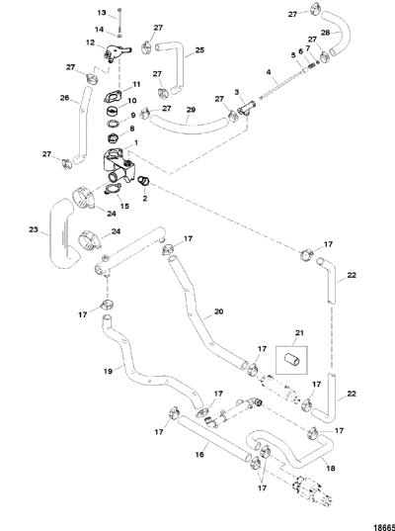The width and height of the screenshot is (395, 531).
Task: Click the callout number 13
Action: tap(102, 13)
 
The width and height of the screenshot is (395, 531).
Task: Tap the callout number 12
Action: tap(90, 43)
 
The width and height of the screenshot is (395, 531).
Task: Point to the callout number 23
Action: tap(34, 229)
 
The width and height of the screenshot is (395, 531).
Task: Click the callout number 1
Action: tap(136, 143)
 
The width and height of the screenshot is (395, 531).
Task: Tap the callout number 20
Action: tap(219, 311)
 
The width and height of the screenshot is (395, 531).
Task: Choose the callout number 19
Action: tap(109, 371)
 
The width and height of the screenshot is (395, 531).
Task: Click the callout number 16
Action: tap(199, 454)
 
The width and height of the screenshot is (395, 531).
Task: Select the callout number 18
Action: tap(331, 468)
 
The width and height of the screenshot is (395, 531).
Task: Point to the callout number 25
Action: tap(199, 50)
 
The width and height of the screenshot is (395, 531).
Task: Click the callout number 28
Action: tap(325, 33)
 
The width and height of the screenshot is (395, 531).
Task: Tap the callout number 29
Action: tap(191, 110)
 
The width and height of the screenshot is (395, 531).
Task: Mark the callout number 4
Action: tap(269, 72)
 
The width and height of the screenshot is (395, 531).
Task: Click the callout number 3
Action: tap(237, 92)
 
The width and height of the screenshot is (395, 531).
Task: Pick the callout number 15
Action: tap(124, 206)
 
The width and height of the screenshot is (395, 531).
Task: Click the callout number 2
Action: tap(145, 199)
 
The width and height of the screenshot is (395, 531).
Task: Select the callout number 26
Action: tap(64, 98)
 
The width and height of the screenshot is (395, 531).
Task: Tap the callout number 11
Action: tap(136, 84)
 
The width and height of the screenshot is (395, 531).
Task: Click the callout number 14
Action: tap(99, 29)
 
